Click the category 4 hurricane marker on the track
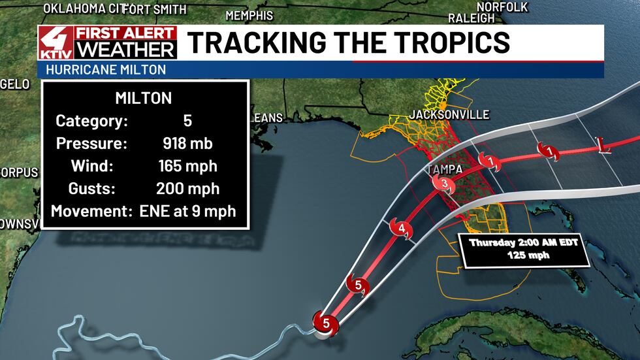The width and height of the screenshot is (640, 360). [x=401, y=229]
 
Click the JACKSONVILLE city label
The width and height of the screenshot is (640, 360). [x=449, y=115]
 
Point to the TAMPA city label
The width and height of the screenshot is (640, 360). [x=447, y=169]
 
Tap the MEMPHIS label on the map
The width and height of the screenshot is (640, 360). [x=249, y=15]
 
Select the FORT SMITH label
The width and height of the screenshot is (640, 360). [x=155, y=9]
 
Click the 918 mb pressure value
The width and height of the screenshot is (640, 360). [x=187, y=144]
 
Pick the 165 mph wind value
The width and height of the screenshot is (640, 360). [x=187, y=167]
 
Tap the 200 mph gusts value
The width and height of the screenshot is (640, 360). [x=187, y=189]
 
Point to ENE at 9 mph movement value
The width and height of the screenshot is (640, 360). [x=187, y=212]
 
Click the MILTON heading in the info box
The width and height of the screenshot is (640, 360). [x=143, y=99]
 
